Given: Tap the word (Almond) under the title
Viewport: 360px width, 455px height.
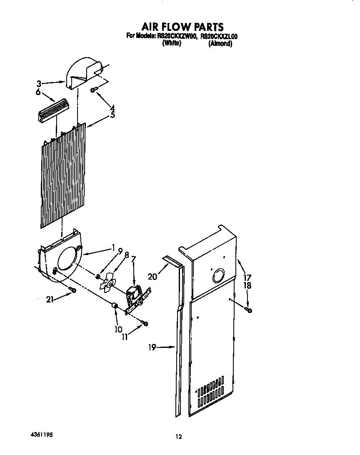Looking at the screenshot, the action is click(220, 43).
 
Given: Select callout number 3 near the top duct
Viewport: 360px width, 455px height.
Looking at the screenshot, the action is click(38, 83).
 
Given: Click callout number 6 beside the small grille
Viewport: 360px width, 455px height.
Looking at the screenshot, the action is click(38, 92).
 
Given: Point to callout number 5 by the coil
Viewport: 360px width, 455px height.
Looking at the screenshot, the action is click(112, 115).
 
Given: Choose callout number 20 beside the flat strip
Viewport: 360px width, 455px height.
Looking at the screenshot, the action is click(152, 276).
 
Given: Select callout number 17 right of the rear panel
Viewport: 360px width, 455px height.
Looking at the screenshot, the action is click(247, 277).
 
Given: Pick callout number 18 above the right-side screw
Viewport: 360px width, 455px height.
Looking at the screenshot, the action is click(247, 285).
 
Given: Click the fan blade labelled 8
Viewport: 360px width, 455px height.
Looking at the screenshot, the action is click(108, 285).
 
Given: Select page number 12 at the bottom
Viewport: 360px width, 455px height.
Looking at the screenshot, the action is click(178, 437).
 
